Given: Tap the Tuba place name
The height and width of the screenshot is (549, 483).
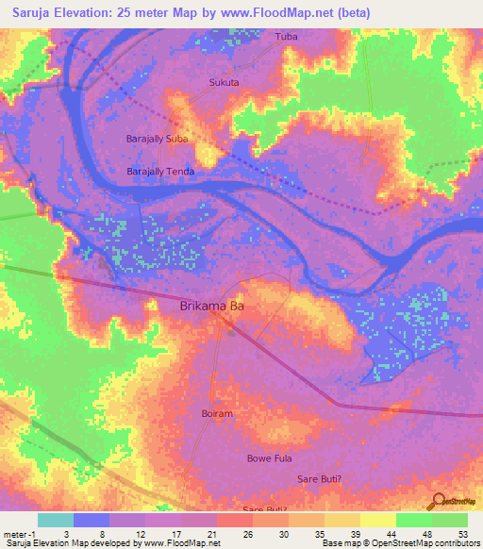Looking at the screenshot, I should click(285, 37).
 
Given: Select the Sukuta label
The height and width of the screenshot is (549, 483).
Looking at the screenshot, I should click(224, 82).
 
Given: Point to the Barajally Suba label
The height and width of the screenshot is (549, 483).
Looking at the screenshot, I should click(158, 139).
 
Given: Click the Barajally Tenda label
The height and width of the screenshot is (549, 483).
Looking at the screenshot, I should click(160, 171).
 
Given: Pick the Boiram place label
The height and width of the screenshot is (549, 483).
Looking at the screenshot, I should click(216, 413).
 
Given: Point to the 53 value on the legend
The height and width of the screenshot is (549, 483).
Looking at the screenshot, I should click(461, 533).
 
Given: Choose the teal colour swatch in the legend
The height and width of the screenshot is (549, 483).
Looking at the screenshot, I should click(56, 520).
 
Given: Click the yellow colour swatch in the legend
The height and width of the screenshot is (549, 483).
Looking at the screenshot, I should click(378, 520).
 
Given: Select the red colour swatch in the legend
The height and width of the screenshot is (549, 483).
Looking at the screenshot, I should click(235, 520).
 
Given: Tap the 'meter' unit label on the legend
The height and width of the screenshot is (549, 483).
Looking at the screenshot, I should click(16, 533).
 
